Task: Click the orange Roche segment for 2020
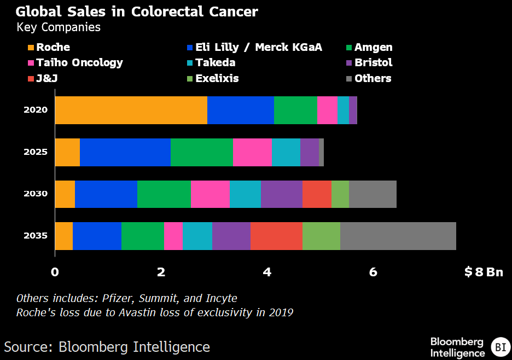(x=131, y=110)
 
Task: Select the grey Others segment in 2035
(x=398, y=236)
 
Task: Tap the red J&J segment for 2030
(x=317, y=194)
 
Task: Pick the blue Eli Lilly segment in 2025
(x=125, y=152)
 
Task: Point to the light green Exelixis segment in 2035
(x=321, y=236)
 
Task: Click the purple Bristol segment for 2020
(x=353, y=110)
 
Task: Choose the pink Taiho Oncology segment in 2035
(x=173, y=236)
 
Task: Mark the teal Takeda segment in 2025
(x=286, y=152)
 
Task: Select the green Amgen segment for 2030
(x=164, y=194)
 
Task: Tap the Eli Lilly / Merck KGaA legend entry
(x=255, y=48)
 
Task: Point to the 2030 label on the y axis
(x=36, y=194)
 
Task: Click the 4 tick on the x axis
(x=267, y=272)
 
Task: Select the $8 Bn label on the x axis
(x=484, y=272)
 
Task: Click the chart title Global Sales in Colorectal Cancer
(x=137, y=11)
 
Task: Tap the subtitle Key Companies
(x=59, y=27)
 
